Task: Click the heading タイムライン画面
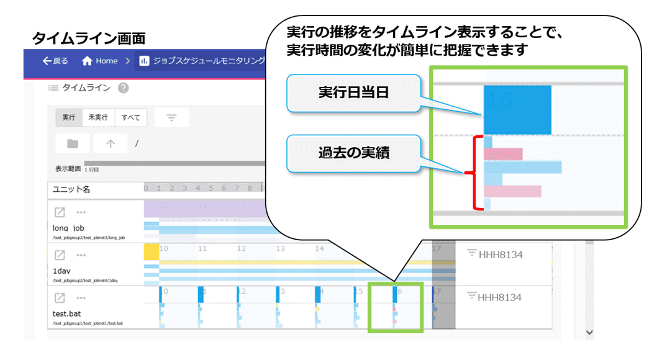point(88,38)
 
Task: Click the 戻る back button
point(55,61)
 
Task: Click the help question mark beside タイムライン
point(123,88)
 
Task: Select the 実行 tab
point(68,117)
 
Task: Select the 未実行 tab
point(98,117)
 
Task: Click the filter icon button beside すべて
point(171,117)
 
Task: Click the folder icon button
point(73,143)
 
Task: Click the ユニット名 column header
point(71,189)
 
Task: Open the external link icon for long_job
point(60,212)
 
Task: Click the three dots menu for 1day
point(81,255)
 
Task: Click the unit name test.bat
point(68,313)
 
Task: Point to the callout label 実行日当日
point(353,94)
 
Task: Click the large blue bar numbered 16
point(517,110)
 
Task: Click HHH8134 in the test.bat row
point(499,297)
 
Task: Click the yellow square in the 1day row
point(152,251)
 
